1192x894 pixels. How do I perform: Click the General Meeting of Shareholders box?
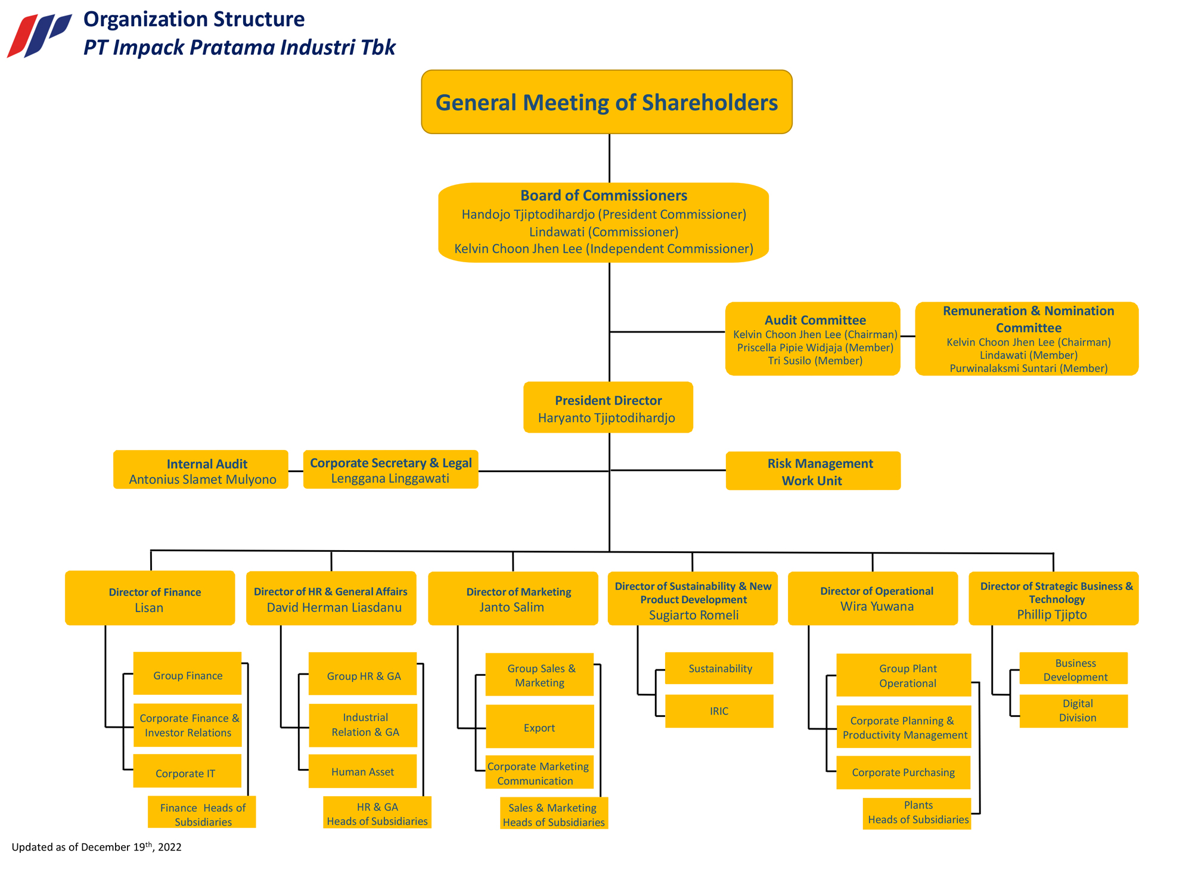click(x=607, y=102)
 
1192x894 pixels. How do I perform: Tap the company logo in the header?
click(x=39, y=35)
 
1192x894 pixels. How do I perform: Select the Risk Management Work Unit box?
click(x=813, y=471)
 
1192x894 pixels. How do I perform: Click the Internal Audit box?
click(x=201, y=470)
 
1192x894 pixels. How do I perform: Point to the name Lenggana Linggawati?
click(x=390, y=479)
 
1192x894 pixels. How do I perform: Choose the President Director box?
click(x=608, y=407)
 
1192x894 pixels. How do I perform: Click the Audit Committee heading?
click(x=815, y=320)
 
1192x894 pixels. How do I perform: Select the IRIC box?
click(x=719, y=711)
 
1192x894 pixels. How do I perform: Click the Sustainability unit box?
click(x=719, y=668)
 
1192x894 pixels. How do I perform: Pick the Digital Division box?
click(x=1073, y=711)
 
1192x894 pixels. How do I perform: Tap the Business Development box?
click(x=1073, y=668)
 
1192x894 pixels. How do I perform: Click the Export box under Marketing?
click(x=539, y=727)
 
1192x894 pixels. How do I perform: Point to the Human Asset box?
click(x=362, y=771)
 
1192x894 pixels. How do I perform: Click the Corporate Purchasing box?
click(x=904, y=772)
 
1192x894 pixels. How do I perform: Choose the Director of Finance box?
click(x=150, y=598)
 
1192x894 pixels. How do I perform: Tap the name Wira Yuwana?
click(x=877, y=607)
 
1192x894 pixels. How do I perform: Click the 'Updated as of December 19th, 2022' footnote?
click(x=97, y=846)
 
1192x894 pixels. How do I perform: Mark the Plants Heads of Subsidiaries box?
click(x=917, y=814)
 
